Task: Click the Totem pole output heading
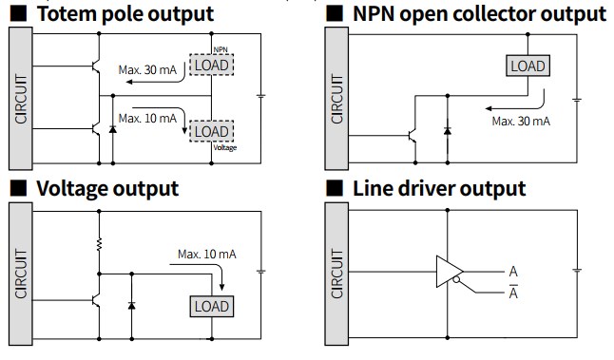[125, 14]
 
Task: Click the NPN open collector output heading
[480, 14]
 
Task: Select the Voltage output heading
[107, 189]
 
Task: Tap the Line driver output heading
[439, 189]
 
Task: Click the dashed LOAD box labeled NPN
[211, 65]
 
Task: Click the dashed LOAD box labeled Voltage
[211, 131]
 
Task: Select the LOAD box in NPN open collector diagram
[528, 66]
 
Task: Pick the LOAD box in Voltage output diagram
[212, 307]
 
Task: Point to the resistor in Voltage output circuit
[99, 244]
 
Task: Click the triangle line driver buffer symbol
[450, 272]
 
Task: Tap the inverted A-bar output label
[513, 292]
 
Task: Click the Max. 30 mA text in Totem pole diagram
[147, 70]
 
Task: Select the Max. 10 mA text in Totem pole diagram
[147, 118]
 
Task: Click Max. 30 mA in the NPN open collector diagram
[521, 122]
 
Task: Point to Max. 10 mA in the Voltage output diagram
[207, 255]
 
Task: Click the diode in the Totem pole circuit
[113, 129]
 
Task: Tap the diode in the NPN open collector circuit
[448, 131]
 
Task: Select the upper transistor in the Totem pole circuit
[96, 66]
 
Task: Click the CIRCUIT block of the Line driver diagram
[336, 274]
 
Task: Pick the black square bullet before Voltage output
[18, 188]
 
